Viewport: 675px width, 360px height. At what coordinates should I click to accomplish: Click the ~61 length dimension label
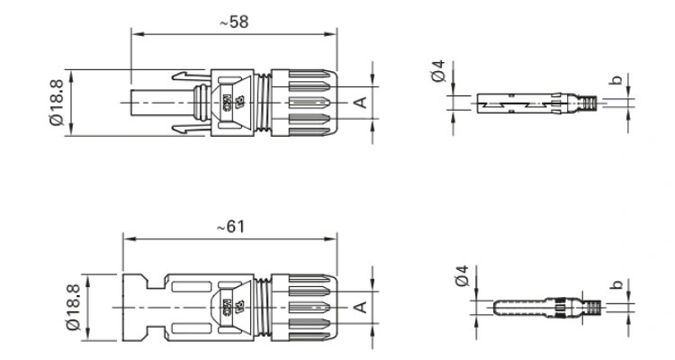pyautogui.click(x=231, y=227)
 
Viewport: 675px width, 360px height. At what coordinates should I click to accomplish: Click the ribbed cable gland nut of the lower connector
pyautogui.click(x=306, y=307)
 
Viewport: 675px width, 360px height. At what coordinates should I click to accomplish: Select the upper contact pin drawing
pyautogui.click(x=531, y=103)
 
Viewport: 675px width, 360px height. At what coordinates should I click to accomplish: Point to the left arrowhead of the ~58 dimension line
pyautogui.click(x=135, y=32)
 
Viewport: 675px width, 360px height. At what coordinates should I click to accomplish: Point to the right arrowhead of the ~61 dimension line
pyautogui.click(x=337, y=240)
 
